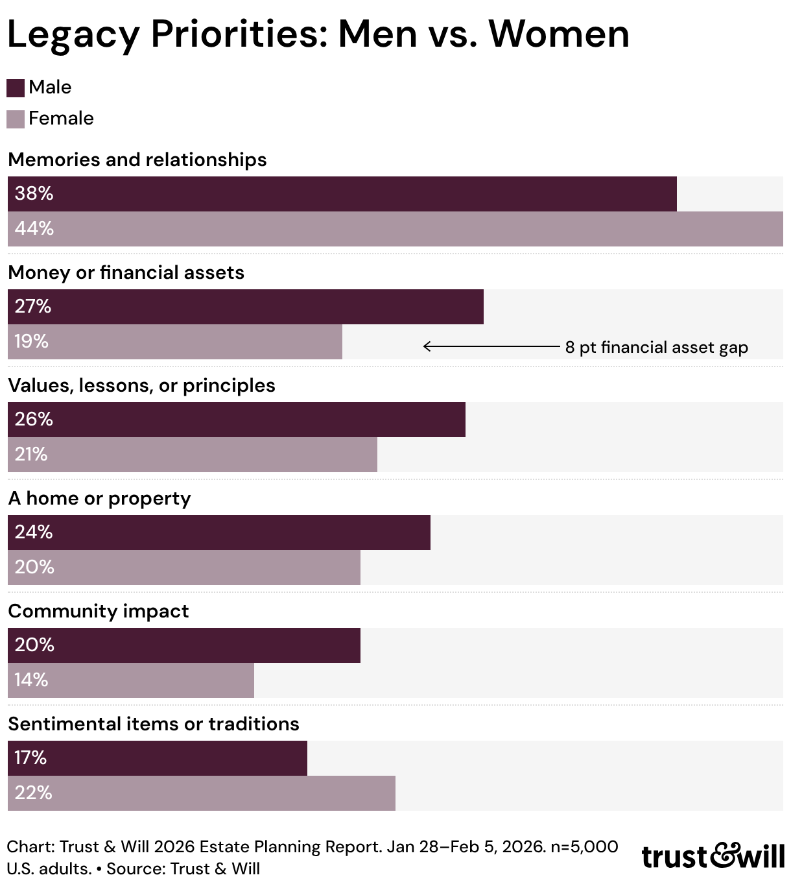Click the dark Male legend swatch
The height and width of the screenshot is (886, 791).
(x=16, y=88)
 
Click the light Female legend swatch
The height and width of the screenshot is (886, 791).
(x=16, y=119)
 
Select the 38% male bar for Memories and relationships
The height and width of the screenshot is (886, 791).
(x=342, y=194)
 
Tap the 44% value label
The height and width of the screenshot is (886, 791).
(x=34, y=228)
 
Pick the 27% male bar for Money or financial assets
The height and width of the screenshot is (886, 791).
(x=246, y=307)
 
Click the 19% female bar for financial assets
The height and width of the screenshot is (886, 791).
(x=175, y=342)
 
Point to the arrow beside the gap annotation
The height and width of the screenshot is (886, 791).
(x=491, y=346)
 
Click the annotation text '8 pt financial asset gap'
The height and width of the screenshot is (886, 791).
(x=656, y=347)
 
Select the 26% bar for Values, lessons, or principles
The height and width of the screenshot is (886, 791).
(x=237, y=420)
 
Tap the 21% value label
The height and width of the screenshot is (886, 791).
(x=31, y=454)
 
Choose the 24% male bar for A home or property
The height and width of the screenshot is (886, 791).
(x=219, y=533)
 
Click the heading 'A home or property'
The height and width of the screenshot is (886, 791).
(x=99, y=499)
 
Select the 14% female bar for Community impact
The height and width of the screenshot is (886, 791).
(x=131, y=680)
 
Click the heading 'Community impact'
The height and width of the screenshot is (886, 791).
(x=99, y=612)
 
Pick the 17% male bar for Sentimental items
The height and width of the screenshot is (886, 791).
(x=158, y=758)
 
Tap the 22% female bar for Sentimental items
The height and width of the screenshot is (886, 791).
(x=202, y=793)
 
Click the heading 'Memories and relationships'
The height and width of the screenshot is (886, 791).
(x=137, y=160)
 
